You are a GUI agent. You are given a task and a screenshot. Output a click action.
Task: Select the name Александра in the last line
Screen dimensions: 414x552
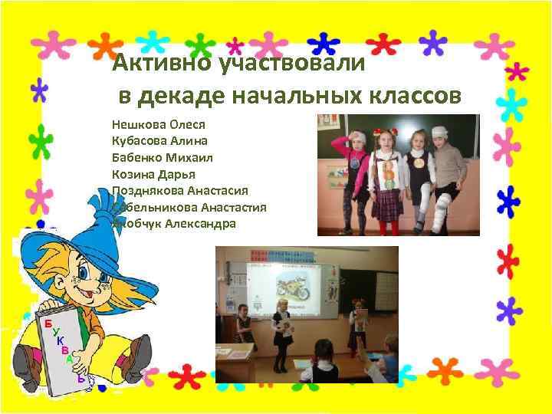(x=201, y=224)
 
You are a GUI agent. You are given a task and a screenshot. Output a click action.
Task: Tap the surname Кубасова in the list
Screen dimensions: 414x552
(x=137, y=140)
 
